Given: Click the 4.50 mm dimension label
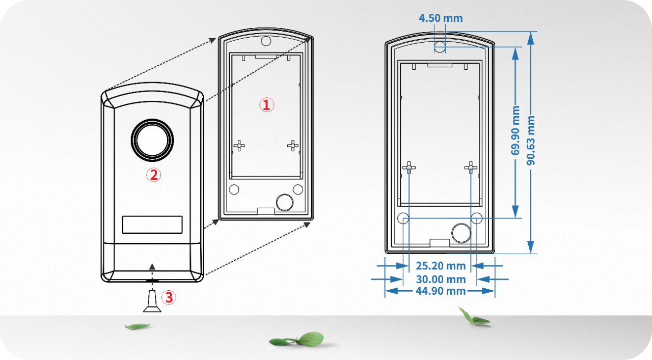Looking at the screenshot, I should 441,18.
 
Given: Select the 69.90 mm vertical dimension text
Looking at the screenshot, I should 515,130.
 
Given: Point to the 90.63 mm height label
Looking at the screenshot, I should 531,140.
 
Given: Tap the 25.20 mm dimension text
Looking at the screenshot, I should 441,266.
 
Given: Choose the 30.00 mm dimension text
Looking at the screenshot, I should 441,279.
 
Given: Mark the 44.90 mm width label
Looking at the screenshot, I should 441,291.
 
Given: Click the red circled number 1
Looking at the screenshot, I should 267,105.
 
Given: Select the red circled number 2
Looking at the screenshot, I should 154,175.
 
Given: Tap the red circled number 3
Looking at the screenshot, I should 169,297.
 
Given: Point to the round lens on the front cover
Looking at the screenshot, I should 152,139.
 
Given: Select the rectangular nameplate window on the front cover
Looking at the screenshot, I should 152,225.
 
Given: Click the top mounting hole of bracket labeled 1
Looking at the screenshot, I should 265,41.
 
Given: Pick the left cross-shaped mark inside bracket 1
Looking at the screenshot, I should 239,146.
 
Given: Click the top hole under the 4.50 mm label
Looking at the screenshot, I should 440,47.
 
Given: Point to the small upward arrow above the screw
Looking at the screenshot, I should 152,266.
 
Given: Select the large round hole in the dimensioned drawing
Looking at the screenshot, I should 461,232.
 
